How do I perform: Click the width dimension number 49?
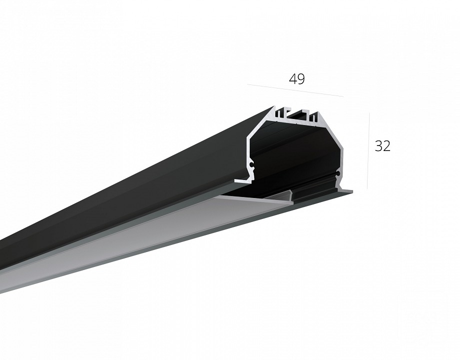(x=297, y=79)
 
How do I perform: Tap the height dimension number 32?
(x=383, y=146)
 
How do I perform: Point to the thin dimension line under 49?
(x=295, y=90)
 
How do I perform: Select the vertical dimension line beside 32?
(x=368, y=150)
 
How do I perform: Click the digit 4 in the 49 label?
(x=293, y=79)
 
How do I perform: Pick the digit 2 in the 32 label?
(x=387, y=146)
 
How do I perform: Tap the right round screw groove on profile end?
(x=339, y=173)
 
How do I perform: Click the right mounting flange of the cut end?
(x=346, y=191)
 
